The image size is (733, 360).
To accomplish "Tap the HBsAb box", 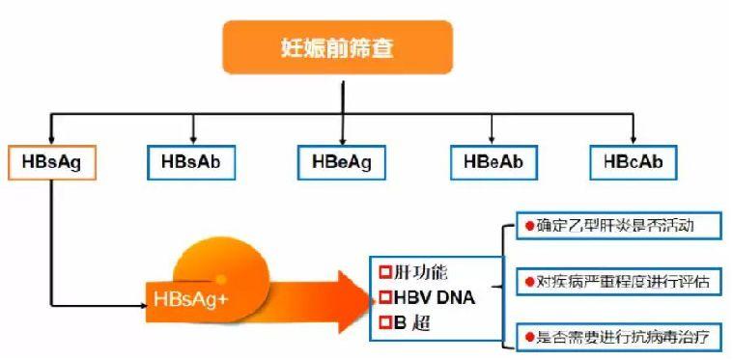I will click(x=192, y=161).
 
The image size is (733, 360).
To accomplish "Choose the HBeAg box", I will click(x=342, y=162).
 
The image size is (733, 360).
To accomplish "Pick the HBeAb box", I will click(x=493, y=161).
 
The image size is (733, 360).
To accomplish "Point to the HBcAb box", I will click(x=634, y=161).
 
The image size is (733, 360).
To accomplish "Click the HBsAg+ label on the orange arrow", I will click(x=192, y=298).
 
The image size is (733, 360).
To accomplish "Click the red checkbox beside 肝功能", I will click(x=383, y=273).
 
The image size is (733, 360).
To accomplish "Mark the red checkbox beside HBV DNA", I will click(x=383, y=296).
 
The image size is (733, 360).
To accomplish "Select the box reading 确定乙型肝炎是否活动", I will click(x=619, y=227).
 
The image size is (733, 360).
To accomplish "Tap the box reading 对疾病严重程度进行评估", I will click(x=619, y=282).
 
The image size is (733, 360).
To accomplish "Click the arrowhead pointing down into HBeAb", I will click(x=493, y=139).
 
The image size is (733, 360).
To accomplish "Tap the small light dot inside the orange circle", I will click(x=220, y=277).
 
